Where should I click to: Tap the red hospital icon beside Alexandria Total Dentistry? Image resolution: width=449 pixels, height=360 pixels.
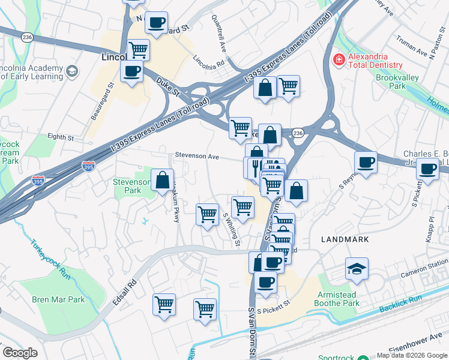point(338,60)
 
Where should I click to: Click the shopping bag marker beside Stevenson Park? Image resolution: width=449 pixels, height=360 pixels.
point(162,180)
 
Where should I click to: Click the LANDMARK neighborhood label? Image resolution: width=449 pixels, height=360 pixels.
point(345,239)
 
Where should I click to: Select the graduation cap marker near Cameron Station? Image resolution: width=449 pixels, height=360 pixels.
point(357,269)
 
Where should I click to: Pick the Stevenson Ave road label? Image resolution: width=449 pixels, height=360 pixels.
point(197,156)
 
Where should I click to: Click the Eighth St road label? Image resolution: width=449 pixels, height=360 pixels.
point(61,137)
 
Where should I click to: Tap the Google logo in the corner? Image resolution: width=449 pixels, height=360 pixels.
point(20,353)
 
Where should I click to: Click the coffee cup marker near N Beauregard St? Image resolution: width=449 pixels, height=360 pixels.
point(157,23)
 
